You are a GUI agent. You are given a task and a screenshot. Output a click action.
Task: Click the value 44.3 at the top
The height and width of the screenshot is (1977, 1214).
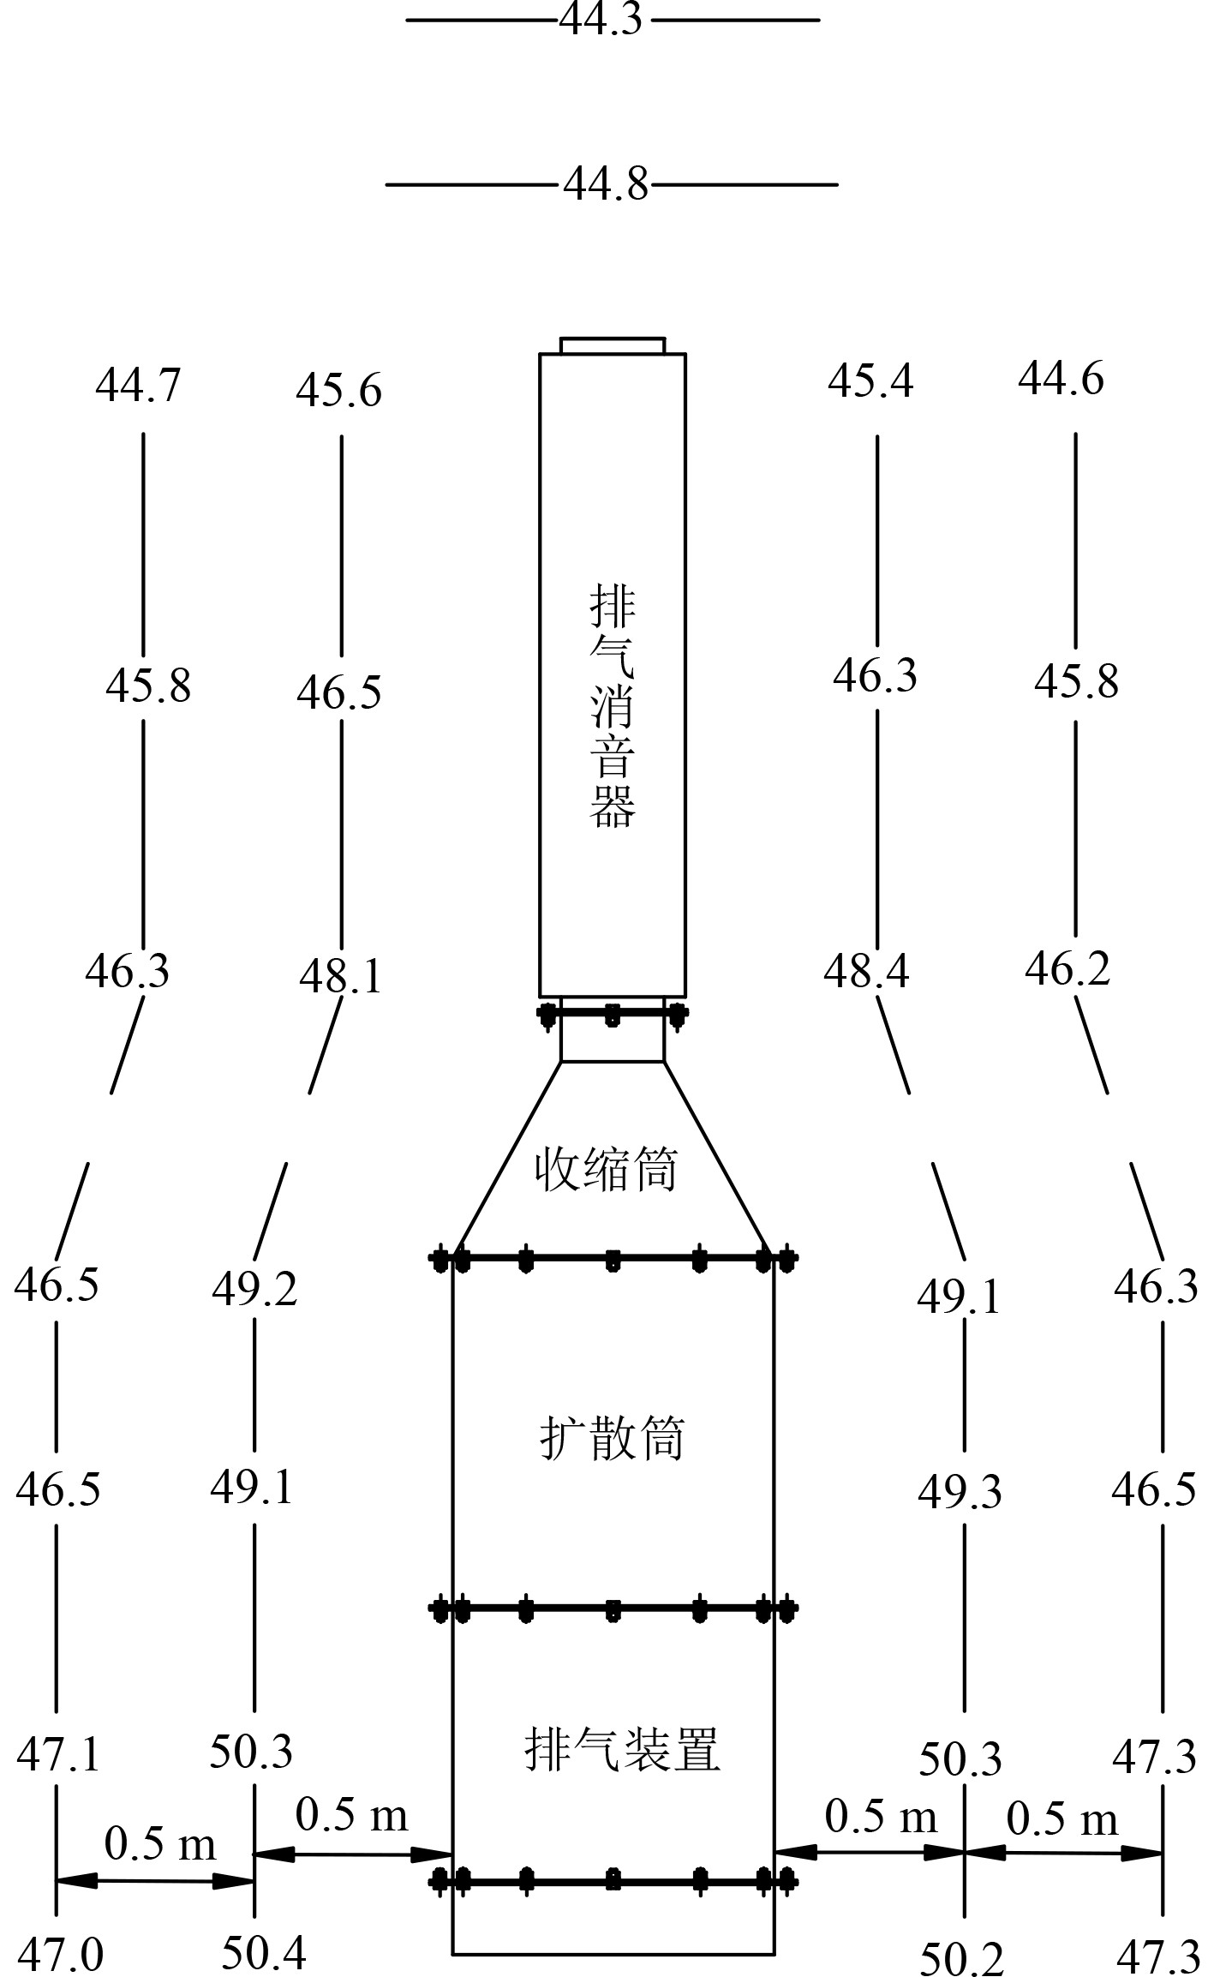click(601, 19)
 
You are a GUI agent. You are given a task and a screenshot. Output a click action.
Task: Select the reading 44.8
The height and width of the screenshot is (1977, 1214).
click(606, 183)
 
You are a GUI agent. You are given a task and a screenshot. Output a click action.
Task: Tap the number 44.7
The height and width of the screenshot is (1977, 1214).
click(138, 385)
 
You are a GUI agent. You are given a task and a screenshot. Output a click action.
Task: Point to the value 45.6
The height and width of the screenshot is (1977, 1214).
click(338, 391)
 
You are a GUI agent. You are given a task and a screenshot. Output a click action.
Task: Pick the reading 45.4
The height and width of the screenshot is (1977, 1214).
click(870, 380)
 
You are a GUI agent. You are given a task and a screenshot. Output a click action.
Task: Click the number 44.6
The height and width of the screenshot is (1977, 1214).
click(1061, 378)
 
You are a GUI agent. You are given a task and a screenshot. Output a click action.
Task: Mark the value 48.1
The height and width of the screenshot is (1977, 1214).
click(340, 976)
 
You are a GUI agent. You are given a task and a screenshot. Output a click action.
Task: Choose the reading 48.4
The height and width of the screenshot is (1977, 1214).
click(866, 971)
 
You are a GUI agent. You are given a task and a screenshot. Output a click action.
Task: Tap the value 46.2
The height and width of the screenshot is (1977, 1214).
click(1067, 968)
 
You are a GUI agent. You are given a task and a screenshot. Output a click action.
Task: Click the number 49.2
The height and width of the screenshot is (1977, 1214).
click(254, 1289)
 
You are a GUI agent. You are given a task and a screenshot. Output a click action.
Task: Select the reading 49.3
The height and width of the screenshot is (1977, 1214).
click(960, 1492)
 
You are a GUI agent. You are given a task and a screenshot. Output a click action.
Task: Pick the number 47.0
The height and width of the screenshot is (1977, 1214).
click(60, 1955)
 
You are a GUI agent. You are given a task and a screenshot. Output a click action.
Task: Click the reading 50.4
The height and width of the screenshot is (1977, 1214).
click(264, 1953)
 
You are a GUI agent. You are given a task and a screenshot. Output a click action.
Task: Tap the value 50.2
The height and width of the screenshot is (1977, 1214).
click(961, 1958)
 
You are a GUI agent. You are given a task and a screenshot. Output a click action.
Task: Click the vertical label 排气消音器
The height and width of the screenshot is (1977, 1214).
click(612, 706)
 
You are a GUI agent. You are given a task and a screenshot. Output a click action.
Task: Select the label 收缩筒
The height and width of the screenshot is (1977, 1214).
click(606, 1169)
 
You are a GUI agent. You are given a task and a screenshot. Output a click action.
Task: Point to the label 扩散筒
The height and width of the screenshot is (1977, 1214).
click(612, 1437)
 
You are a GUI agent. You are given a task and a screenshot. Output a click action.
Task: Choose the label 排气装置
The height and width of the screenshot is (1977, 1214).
click(622, 1748)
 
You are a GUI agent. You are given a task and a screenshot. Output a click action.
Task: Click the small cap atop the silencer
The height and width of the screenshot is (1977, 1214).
click(612, 344)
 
